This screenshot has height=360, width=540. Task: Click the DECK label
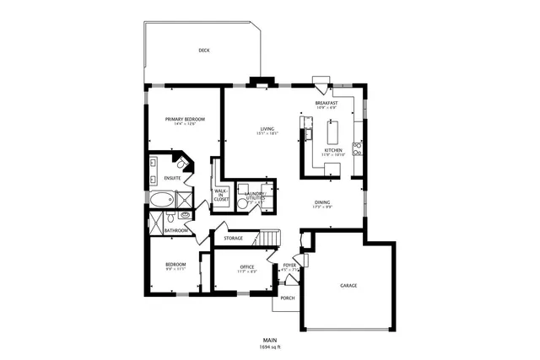tap(203, 51)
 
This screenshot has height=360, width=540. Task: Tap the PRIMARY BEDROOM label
tap(185, 120)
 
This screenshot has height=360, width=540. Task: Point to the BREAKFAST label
tap(326, 103)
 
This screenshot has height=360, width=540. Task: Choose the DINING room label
tap(322, 202)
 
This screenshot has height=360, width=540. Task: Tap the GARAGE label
tap(348, 286)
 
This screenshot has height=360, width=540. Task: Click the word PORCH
tap(288, 298)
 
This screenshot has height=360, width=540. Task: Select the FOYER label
tap(289, 265)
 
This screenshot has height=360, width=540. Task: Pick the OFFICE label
tap(247, 267)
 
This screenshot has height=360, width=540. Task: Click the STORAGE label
tap(234, 238)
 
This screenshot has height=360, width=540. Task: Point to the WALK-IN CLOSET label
tap(222, 195)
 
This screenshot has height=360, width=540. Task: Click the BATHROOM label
tap(175, 230)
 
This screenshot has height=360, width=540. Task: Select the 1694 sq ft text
tap(269, 347)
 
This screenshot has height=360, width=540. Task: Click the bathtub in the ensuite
tap(161, 200)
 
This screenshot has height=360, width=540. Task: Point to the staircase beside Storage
tap(267, 238)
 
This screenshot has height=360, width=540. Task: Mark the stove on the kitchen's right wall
tap(358, 150)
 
